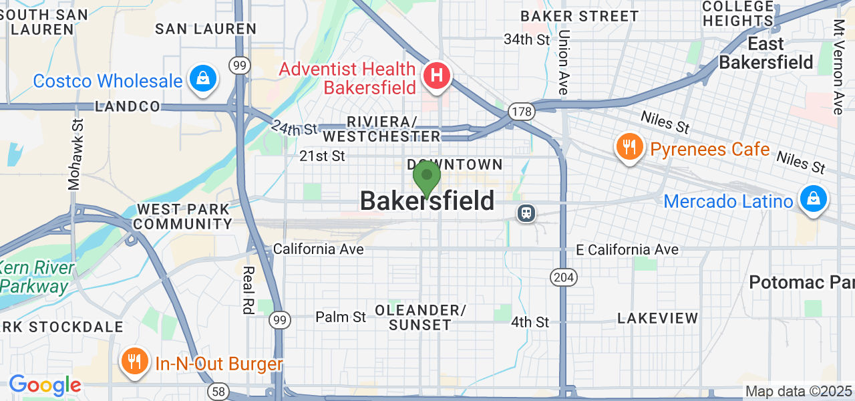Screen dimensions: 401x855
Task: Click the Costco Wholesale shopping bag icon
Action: (201, 80)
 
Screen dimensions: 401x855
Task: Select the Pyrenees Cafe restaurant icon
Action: (629, 148)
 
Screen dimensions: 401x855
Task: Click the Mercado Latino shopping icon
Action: (813, 199)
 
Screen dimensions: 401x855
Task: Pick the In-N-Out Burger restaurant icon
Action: (134, 362)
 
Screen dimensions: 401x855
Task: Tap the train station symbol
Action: (527, 213)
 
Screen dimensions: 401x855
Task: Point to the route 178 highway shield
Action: (519, 110)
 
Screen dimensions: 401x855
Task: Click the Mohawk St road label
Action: (76, 154)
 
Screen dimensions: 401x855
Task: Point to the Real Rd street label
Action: (248, 289)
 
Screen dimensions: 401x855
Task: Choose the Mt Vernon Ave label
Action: (838, 67)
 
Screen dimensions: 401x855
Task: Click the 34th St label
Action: (527, 39)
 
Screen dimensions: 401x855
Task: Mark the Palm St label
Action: (341, 316)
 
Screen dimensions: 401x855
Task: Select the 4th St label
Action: (530, 322)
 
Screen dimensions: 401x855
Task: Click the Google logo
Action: (45, 385)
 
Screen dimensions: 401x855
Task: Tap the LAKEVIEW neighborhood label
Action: (658, 319)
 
